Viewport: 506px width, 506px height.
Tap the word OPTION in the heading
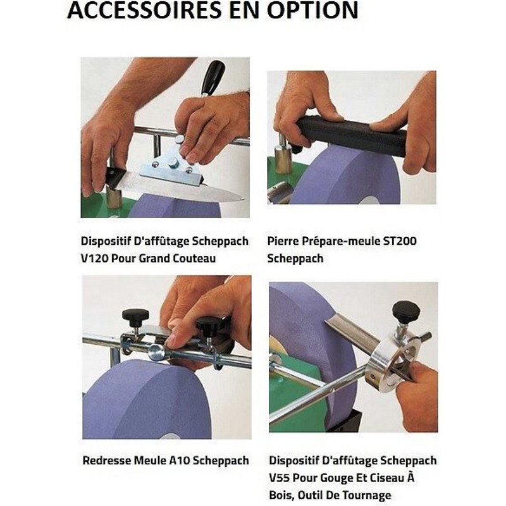click(x=312, y=10)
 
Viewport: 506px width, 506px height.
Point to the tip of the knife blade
click(x=243, y=198)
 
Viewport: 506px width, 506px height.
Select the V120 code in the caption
click(x=94, y=259)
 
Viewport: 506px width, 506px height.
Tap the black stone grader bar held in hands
click(x=352, y=135)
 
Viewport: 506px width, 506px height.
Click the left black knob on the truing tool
click(x=135, y=316)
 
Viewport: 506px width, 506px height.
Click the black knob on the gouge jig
click(x=406, y=311)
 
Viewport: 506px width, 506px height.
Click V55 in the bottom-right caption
click(x=279, y=478)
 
